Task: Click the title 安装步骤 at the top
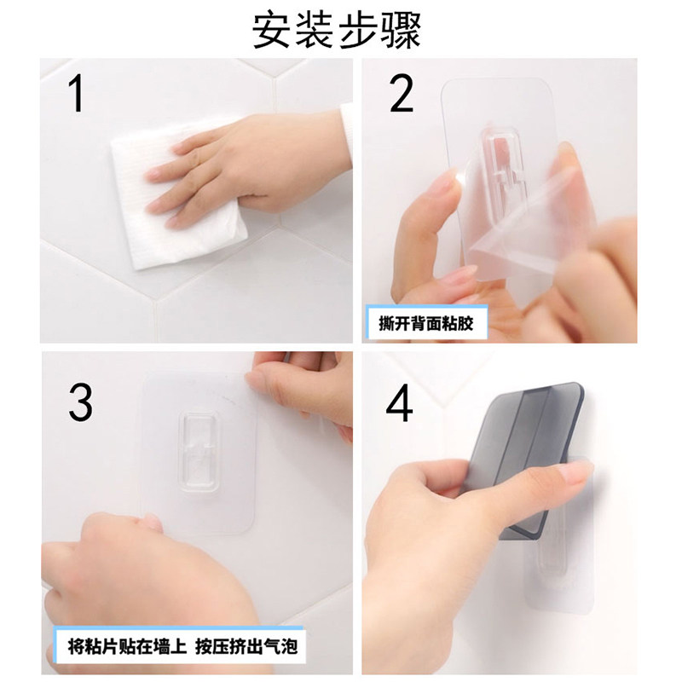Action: coord(338,29)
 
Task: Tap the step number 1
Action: coord(77,94)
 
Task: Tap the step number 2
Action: coord(401,94)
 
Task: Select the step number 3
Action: coord(80,402)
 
